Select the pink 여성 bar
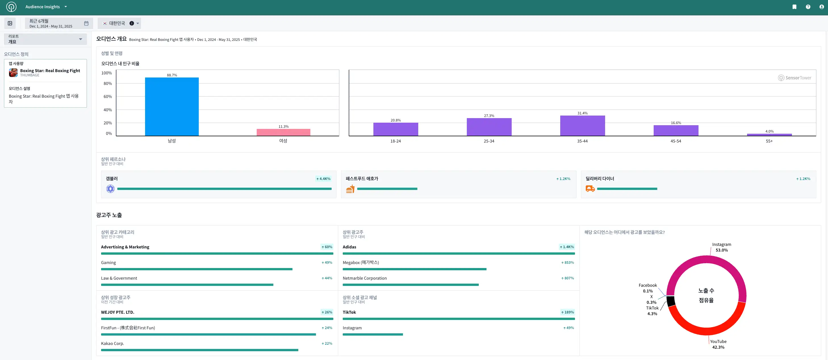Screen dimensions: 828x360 (283, 132)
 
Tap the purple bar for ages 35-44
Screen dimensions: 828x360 (582, 125)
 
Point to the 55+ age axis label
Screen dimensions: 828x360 (769, 141)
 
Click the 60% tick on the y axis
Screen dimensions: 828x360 (108, 97)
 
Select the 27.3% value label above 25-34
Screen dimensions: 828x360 (489, 116)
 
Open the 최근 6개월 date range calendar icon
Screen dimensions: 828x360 (86, 23)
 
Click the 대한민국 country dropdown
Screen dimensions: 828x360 (119, 23)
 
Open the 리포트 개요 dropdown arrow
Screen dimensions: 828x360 (80, 39)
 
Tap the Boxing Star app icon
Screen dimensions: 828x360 (13, 73)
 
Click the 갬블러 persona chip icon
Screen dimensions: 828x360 (110, 189)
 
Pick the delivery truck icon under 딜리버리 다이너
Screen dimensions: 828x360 (590, 189)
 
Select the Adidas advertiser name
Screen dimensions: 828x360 (349, 247)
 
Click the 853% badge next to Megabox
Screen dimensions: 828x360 (568, 263)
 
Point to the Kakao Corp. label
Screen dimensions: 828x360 (112, 343)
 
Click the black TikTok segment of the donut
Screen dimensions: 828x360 (671, 302)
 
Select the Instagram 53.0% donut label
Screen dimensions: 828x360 (722, 247)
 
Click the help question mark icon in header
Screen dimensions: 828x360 (808, 7)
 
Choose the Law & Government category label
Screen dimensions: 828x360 (119, 278)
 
